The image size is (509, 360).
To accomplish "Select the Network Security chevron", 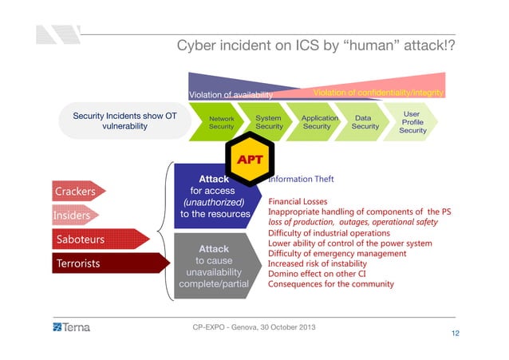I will pos(220,122).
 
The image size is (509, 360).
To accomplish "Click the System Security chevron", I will pos(268,122).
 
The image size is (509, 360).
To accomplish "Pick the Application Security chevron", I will pos(318,122).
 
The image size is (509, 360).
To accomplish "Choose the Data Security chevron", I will pos(365,122).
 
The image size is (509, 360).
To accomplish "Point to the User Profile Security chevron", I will pos(412,122).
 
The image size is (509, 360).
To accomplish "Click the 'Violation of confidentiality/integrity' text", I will pos(378,93).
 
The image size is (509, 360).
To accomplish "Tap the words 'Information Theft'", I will pos(301,180).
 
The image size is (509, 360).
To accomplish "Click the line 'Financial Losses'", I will pos(298,202).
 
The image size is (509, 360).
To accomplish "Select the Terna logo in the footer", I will pos(72,327).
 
